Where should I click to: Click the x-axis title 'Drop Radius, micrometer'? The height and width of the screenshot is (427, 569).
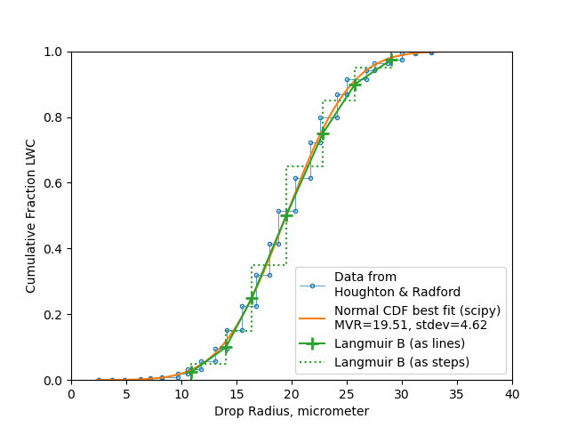(x=292, y=412)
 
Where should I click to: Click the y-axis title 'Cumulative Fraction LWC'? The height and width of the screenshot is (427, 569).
(x=31, y=216)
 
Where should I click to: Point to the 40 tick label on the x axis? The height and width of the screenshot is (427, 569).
(x=512, y=393)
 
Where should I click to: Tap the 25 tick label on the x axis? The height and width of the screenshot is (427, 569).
(x=347, y=393)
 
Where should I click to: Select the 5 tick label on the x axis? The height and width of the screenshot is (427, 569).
(x=126, y=393)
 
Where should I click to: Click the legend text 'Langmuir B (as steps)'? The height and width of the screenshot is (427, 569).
(x=401, y=362)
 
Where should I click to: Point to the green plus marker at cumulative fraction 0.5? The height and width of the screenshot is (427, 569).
(x=286, y=216)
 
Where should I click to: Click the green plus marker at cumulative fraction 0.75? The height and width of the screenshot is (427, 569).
(x=323, y=133)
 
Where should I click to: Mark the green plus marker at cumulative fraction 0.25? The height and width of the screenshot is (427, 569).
(x=252, y=298)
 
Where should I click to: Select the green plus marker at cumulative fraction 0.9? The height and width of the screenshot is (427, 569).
(x=355, y=85)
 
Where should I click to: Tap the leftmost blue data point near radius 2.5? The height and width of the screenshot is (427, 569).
(x=99, y=380)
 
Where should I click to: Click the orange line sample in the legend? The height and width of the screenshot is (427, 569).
(x=312, y=318)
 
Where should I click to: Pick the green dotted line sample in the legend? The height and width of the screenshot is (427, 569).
(x=312, y=362)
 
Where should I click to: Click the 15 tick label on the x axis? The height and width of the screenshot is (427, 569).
(x=236, y=393)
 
